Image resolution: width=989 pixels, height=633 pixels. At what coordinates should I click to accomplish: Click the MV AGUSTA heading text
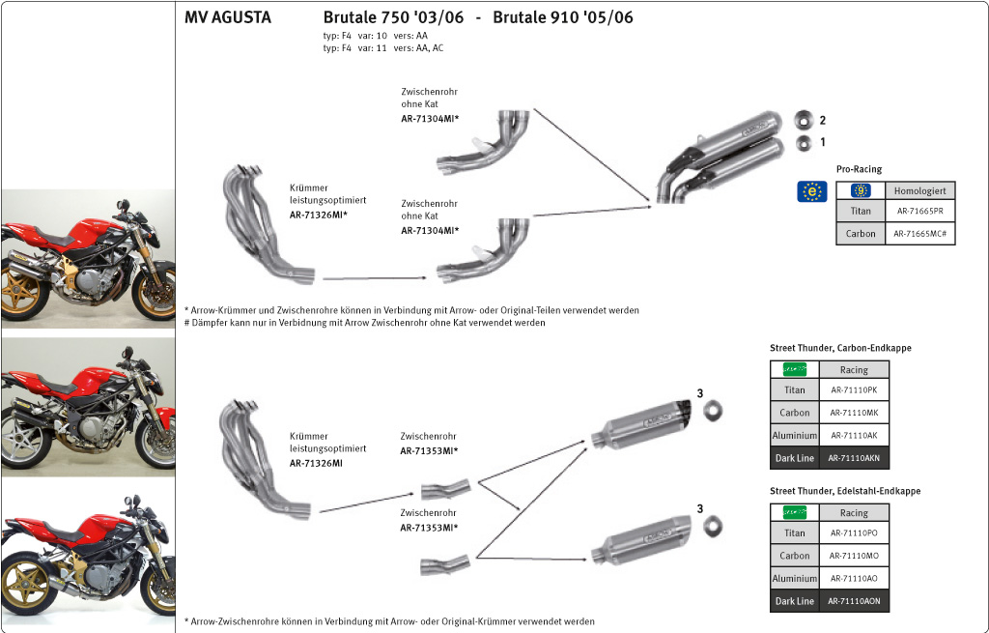pyautogui.click(x=228, y=17)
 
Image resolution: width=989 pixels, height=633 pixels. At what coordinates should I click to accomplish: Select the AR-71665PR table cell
pyautogui.click(x=919, y=211)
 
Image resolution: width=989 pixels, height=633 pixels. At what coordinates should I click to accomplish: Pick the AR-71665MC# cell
pyautogui.click(x=919, y=234)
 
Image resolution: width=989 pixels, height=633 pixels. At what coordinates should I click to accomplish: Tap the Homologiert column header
pyautogui.click(x=919, y=191)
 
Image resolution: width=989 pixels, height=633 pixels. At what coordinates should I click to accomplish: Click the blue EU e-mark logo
pyautogui.click(x=811, y=191)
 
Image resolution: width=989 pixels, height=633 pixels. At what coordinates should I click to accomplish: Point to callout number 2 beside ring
pyautogui.click(x=823, y=121)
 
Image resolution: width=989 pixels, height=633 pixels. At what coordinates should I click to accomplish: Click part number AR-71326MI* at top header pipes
pyautogui.click(x=319, y=215)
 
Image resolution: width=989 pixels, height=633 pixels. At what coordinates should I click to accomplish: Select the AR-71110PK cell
pyautogui.click(x=854, y=390)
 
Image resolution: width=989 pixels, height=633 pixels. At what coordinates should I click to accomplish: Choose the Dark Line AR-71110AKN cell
pyautogui.click(x=854, y=458)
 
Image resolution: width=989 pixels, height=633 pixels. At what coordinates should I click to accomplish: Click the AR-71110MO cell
pyautogui.click(x=854, y=556)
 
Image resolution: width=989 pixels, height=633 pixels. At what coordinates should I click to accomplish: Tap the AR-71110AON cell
pyautogui.click(x=854, y=601)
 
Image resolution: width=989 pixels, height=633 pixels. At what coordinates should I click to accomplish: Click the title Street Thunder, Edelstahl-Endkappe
pyautogui.click(x=845, y=491)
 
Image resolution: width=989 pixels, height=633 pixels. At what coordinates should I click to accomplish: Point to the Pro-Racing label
pyautogui.click(x=859, y=169)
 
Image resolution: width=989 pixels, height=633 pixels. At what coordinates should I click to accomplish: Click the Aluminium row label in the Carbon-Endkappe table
pyautogui.click(x=794, y=436)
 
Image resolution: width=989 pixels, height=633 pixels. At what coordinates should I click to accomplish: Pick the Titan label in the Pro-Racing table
pyautogui.click(x=860, y=211)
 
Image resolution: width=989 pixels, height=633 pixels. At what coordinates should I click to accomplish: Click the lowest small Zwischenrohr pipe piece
pyautogui.click(x=444, y=564)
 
